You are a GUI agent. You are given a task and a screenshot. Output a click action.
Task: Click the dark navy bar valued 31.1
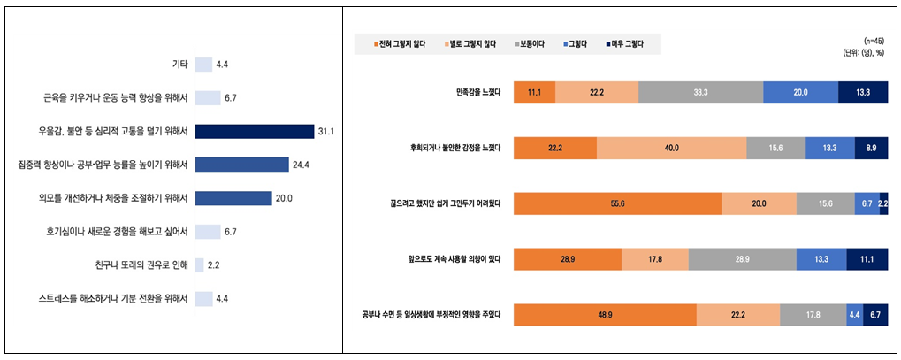255,131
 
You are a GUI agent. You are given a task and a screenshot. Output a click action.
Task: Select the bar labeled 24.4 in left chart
241,165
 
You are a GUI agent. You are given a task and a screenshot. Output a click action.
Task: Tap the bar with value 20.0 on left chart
233,198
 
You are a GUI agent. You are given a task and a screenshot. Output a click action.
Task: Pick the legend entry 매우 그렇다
625,43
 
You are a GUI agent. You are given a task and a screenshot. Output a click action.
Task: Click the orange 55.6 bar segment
617,203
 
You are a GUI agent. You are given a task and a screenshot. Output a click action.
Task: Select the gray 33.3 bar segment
700,93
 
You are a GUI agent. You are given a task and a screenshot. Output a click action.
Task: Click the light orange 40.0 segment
671,148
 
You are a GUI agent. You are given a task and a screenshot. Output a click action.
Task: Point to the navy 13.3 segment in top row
863,93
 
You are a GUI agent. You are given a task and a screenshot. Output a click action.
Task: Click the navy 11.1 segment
867,259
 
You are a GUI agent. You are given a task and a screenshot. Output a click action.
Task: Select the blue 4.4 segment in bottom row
854,315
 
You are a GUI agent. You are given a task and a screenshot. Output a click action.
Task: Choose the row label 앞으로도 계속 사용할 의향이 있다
450,259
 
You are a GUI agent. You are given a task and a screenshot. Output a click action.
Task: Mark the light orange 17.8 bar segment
654,259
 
